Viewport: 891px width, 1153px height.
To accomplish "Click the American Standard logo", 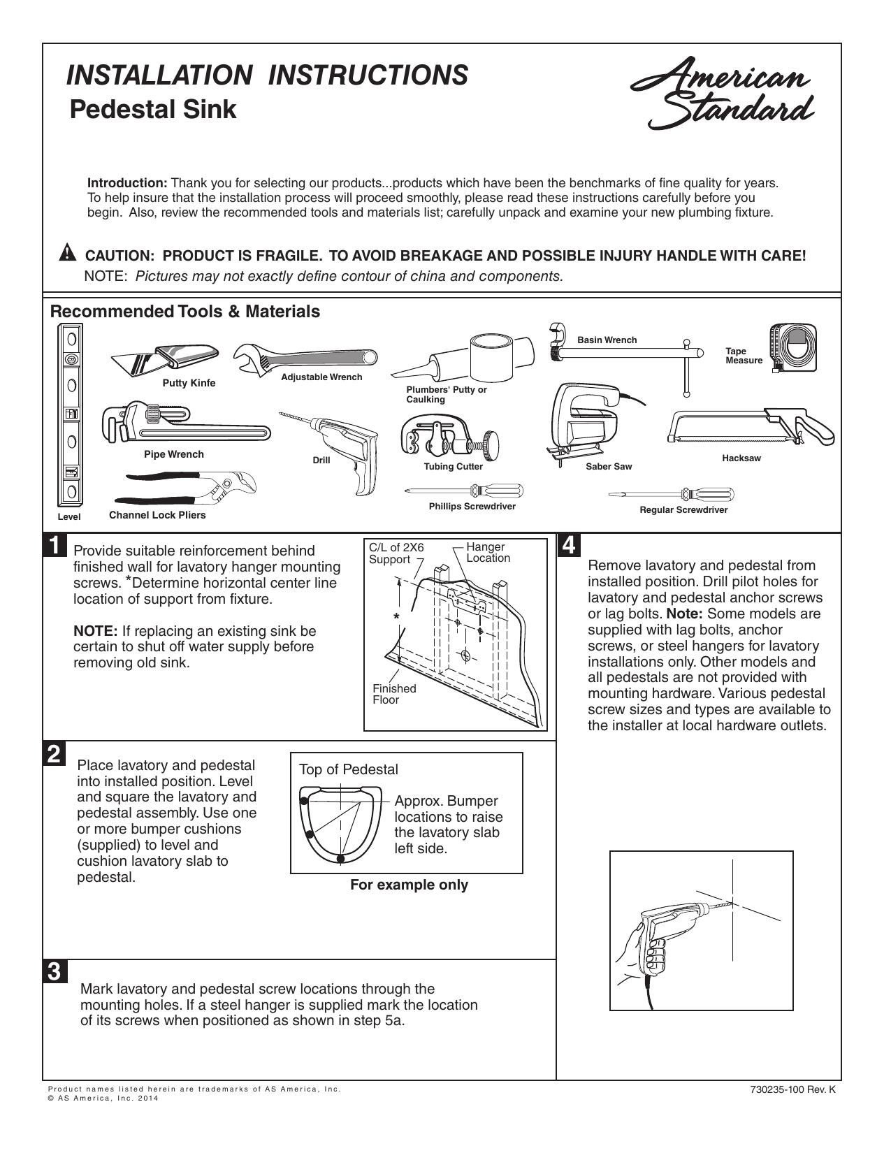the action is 722,93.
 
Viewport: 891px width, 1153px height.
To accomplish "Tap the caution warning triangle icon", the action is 67,252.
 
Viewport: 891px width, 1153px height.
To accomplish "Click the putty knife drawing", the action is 165,359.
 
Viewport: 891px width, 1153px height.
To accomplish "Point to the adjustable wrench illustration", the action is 305,358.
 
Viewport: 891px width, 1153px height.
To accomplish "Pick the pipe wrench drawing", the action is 186,424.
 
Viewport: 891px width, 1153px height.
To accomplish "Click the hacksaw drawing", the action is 751,426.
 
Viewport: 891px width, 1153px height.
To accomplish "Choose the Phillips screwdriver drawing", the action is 464,491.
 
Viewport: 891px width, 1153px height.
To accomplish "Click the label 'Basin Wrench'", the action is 607,340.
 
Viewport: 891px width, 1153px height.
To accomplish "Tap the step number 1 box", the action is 55,546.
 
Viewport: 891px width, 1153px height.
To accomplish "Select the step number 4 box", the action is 568,546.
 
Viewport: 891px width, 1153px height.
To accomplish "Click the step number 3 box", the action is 55,971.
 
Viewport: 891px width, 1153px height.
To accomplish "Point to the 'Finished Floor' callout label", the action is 394,694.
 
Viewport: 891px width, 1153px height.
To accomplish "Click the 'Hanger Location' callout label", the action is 488,552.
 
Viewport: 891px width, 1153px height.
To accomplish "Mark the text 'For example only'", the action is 409,885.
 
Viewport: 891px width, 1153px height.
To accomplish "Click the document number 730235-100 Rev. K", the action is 793,1090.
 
